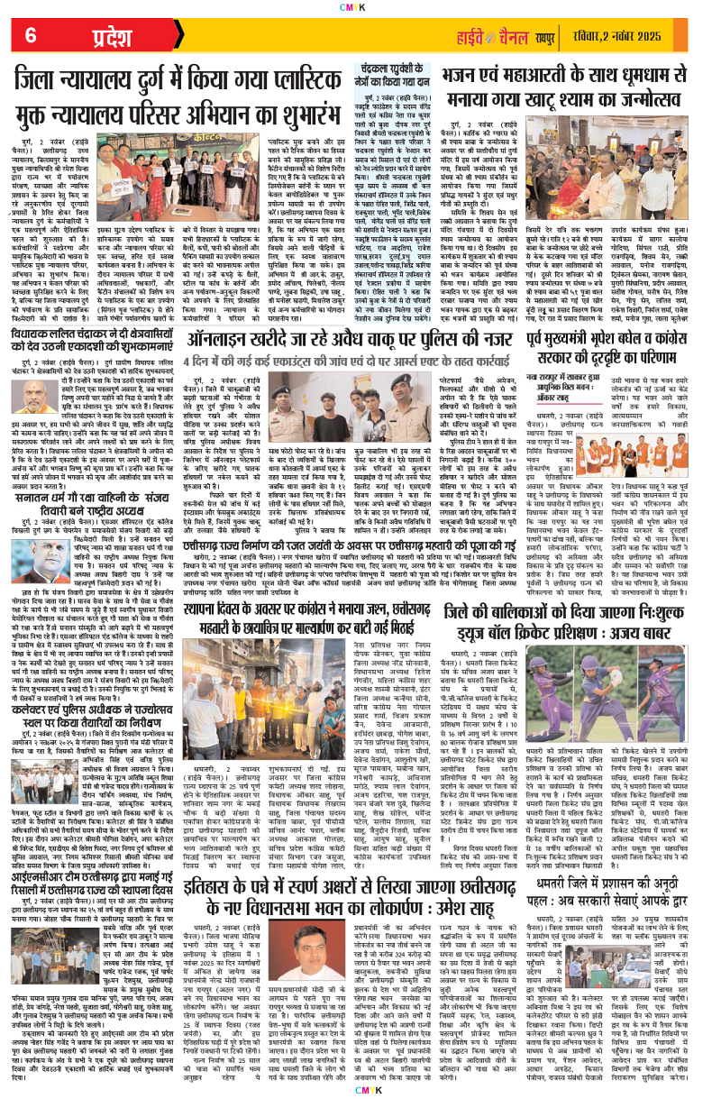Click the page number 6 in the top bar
point(30,36)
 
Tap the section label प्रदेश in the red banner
point(90,37)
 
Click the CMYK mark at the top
point(360,6)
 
